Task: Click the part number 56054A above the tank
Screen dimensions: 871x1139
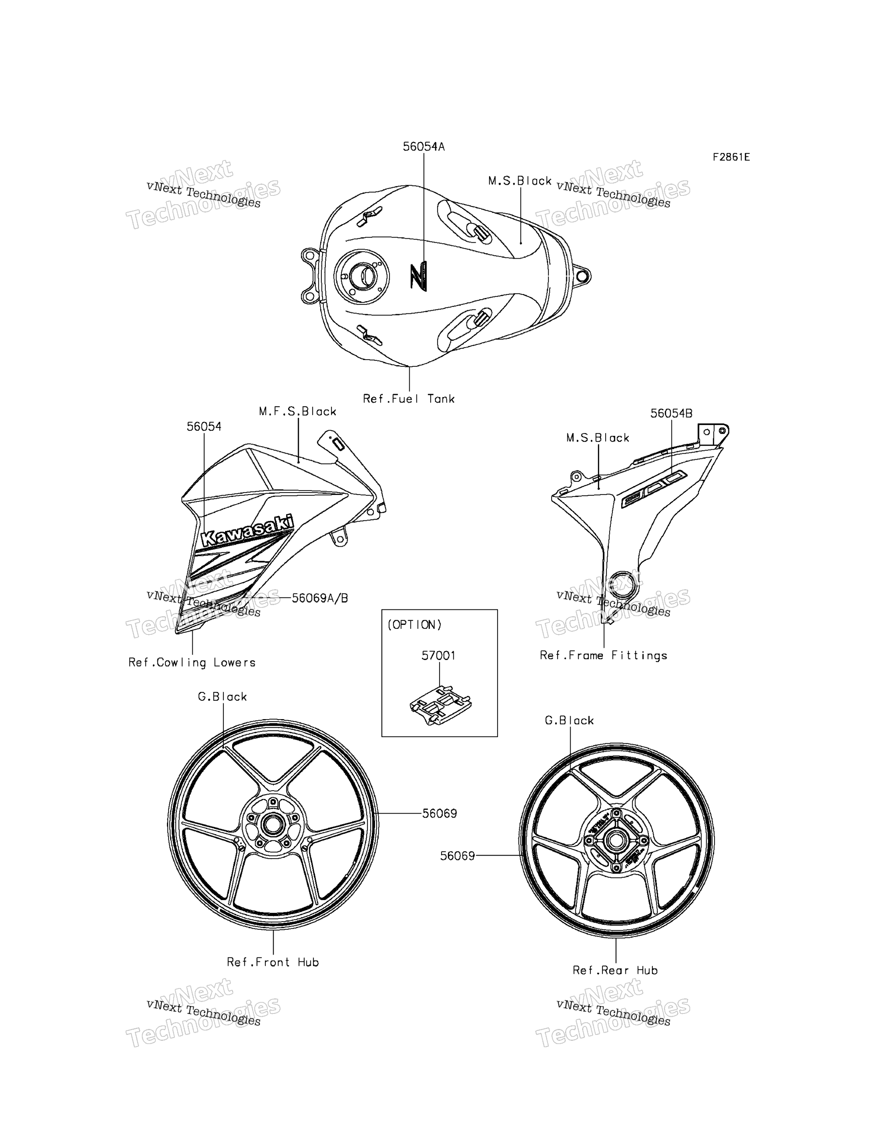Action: click(x=424, y=147)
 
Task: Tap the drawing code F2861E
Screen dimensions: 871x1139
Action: click(x=731, y=157)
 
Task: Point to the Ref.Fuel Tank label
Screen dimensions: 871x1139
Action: click(x=408, y=399)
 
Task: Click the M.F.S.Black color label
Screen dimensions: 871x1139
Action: click(x=298, y=411)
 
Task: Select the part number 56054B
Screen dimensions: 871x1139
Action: click(x=672, y=413)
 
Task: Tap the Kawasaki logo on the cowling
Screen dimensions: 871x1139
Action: click(x=247, y=531)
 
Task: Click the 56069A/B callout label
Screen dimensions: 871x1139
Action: click(x=320, y=598)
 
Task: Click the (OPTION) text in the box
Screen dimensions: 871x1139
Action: click(x=415, y=625)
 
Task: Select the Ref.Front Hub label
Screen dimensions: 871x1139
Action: click(x=273, y=962)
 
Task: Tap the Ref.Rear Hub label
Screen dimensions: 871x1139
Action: click(x=615, y=970)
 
